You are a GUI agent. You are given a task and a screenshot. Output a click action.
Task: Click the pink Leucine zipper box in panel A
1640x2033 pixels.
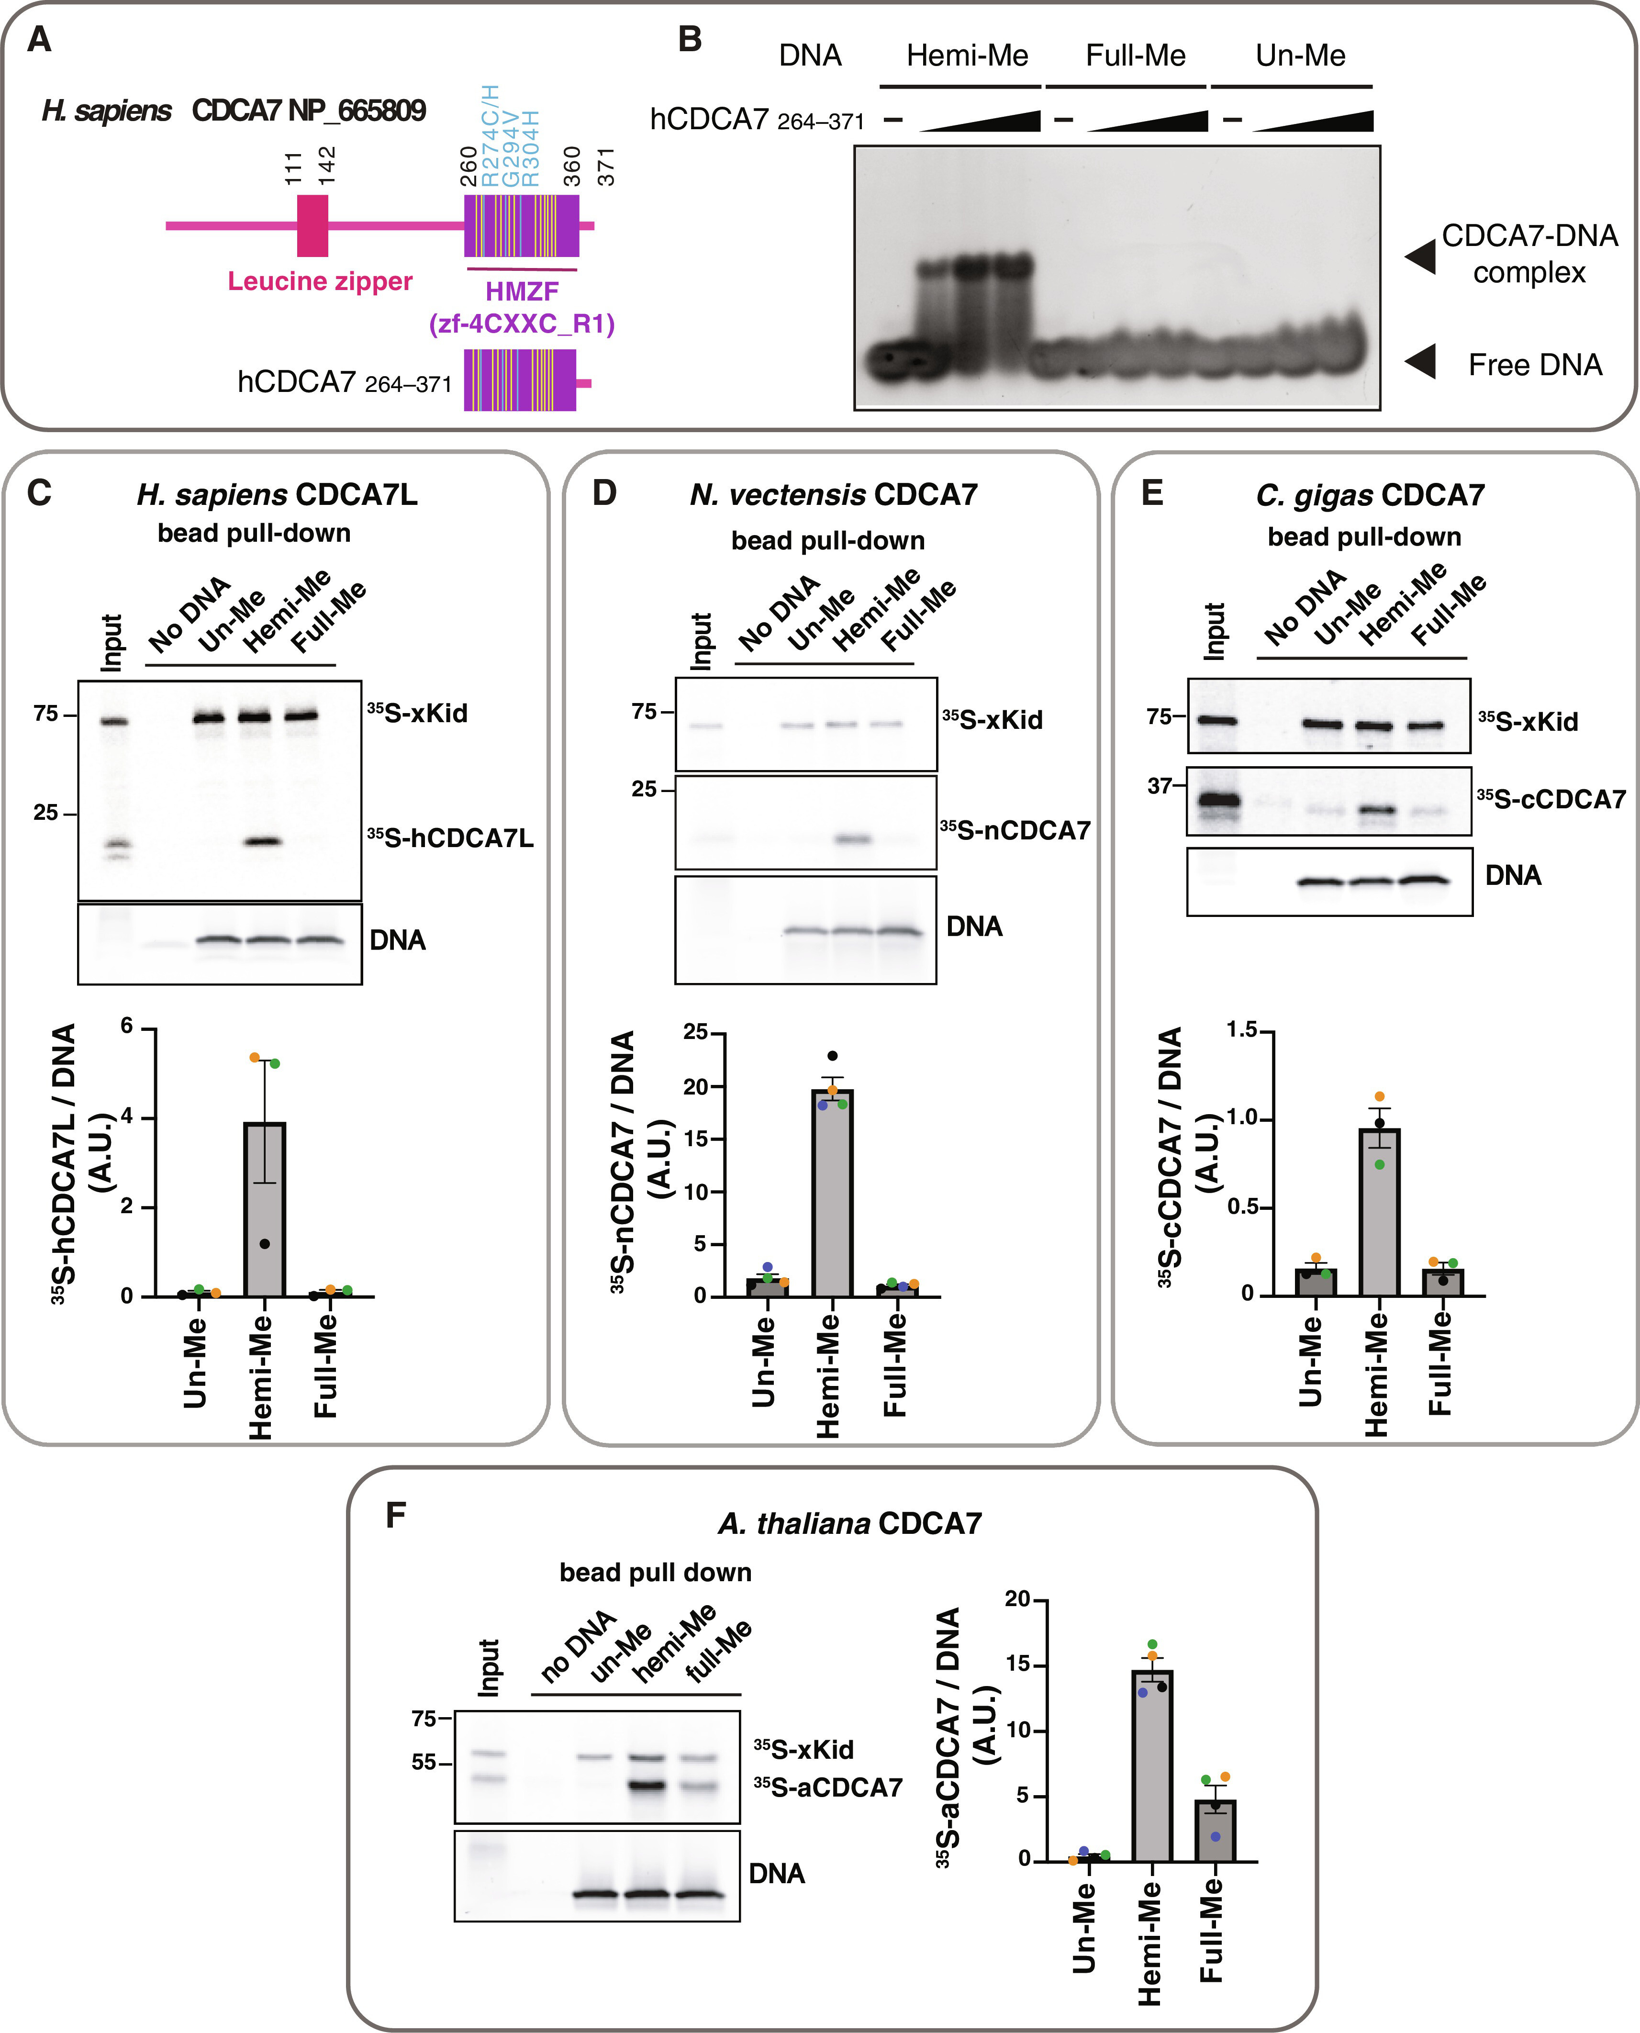click(x=312, y=226)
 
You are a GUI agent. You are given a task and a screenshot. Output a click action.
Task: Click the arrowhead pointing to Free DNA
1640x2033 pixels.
click(x=1420, y=361)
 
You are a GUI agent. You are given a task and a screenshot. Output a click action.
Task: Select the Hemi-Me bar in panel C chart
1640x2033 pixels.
click(x=265, y=1209)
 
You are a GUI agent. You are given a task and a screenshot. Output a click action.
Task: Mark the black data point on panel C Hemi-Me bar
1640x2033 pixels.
click(x=265, y=1243)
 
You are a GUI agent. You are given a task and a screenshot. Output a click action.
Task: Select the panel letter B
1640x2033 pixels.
click(x=691, y=40)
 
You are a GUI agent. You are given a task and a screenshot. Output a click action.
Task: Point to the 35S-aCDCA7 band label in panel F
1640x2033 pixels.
click(x=827, y=1787)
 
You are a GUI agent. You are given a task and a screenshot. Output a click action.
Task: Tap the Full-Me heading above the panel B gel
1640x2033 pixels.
click(x=1136, y=56)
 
